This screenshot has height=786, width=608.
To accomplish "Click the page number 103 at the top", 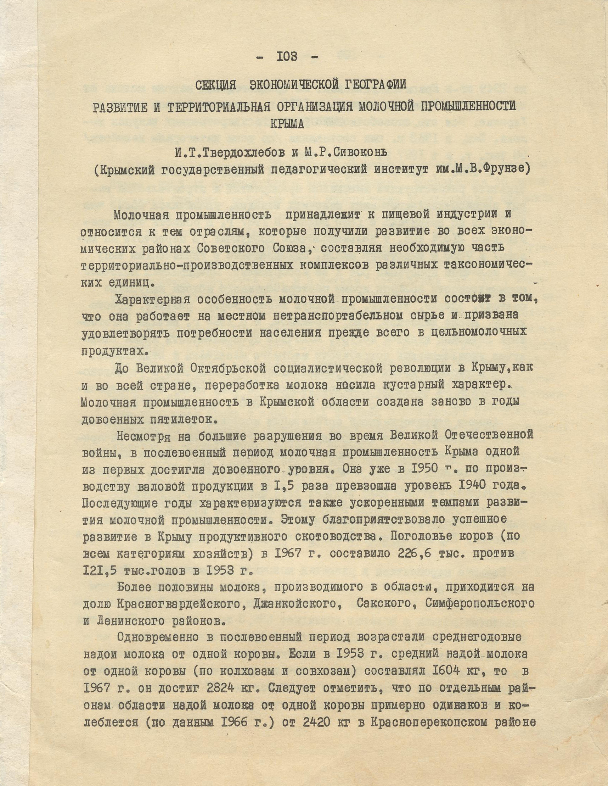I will pyautogui.click(x=287, y=57).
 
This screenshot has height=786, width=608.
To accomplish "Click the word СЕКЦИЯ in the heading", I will pyautogui.click(x=215, y=85).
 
